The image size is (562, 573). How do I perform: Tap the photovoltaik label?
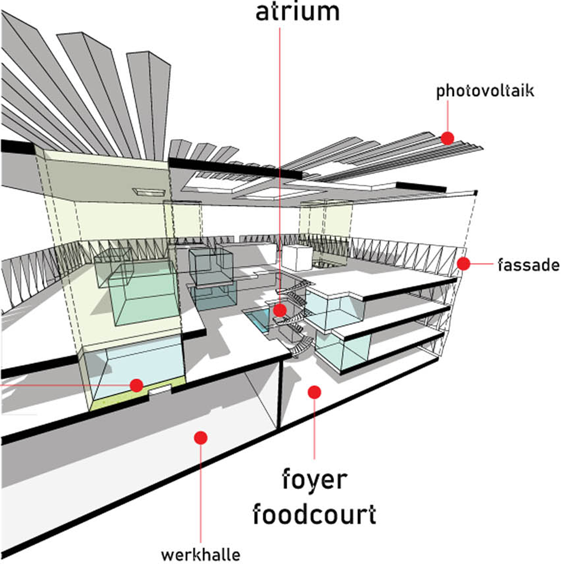click(485, 91)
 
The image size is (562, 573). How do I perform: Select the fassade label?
click(528, 265)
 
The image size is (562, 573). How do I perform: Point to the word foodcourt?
click(314, 514)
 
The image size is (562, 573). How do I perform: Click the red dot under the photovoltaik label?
click(448, 138)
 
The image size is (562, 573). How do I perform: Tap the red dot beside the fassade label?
click(463, 264)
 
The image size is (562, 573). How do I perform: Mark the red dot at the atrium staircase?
click(280, 310)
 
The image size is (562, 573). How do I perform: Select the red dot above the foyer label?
click(314, 392)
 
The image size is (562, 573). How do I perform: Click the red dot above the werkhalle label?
click(201, 438)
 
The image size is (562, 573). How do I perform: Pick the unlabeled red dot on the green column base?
click(136, 385)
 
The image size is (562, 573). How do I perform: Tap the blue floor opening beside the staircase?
click(258, 320)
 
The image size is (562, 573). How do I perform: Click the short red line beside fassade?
click(482, 264)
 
